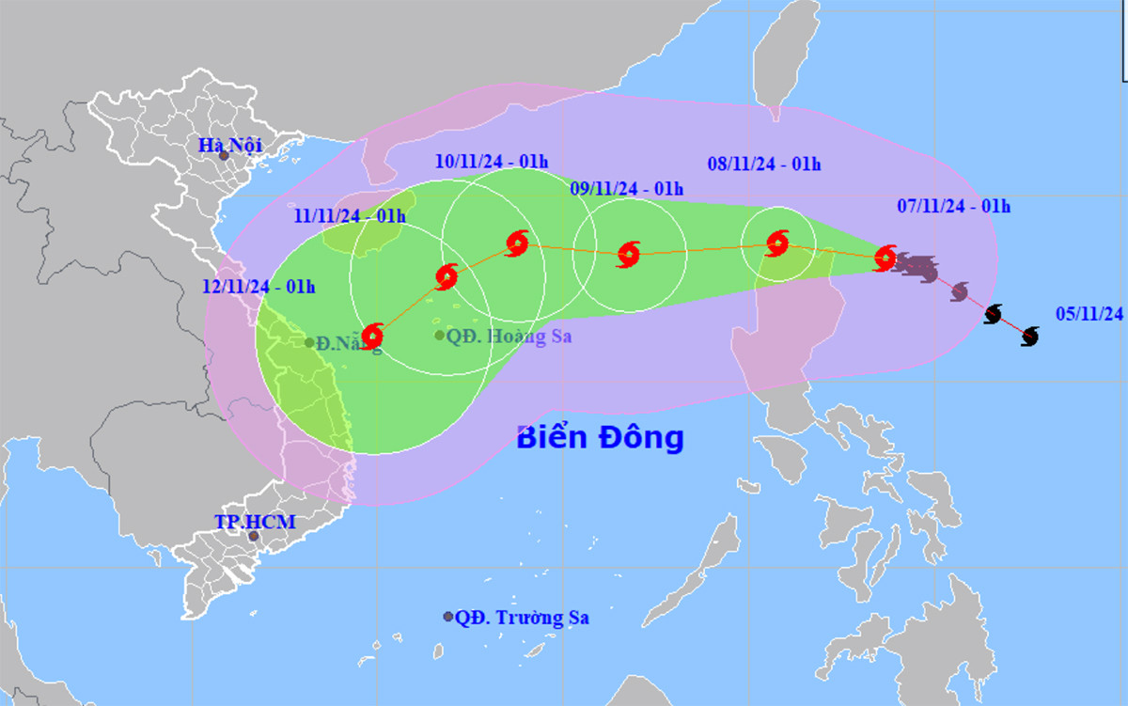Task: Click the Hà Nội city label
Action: (x=229, y=145)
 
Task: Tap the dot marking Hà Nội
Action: (x=224, y=155)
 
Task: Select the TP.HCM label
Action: (x=254, y=522)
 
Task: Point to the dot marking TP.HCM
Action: (x=253, y=536)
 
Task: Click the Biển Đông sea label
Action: (x=600, y=438)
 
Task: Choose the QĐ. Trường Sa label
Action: (x=522, y=618)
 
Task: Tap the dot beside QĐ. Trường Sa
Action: (x=448, y=617)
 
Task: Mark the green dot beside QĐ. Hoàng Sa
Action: (x=440, y=335)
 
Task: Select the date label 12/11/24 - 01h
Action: (x=258, y=287)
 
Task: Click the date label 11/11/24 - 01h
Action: (x=349, y=216)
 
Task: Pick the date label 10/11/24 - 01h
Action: (x=492, y=162)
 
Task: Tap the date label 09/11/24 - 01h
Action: (x=627, y=189)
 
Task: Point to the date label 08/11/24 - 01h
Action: (x=764, y=165)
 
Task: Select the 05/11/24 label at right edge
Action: (x=1089, y=315)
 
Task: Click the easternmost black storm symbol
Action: (x=1029, y=336)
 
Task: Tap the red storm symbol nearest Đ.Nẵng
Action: (x=372, y=336)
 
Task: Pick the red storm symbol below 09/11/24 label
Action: (x=629, y=254)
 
